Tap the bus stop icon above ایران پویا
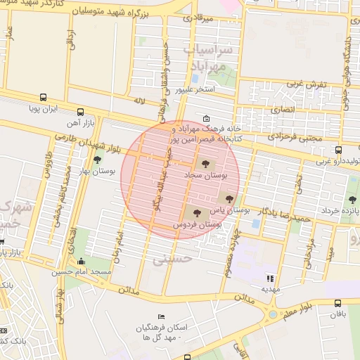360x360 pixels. (44, 98)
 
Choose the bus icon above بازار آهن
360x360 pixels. (79, 112)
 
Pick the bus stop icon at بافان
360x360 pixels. (338, 305)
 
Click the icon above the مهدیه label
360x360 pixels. (271, 278)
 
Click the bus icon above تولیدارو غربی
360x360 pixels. (339, 150)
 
